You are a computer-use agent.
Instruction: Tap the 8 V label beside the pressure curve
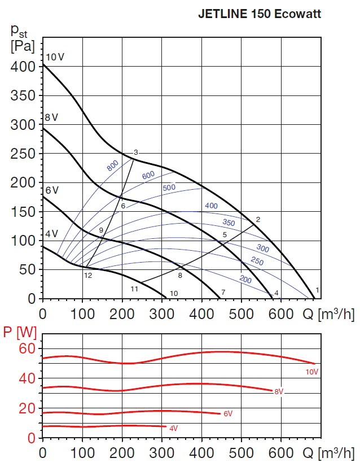[51, 117]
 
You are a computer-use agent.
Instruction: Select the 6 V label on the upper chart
[51, 190]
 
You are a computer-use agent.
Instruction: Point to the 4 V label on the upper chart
[51, 234]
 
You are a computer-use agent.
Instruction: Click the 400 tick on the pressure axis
[23, 67]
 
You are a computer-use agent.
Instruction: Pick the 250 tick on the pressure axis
[23, 154]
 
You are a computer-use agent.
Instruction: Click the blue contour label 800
[112, 165]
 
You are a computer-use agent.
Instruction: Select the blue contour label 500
[169, 187]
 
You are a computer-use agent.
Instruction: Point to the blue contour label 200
[245, 280]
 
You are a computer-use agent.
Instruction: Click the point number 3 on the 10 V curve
[136, 152]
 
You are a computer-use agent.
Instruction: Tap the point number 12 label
[88, 276]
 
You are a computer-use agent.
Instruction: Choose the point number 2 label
[258, 219]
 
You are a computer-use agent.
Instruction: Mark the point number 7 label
[223, 292]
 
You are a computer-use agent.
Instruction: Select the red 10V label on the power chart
[312, 372]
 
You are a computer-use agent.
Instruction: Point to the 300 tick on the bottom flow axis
[162, 453]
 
